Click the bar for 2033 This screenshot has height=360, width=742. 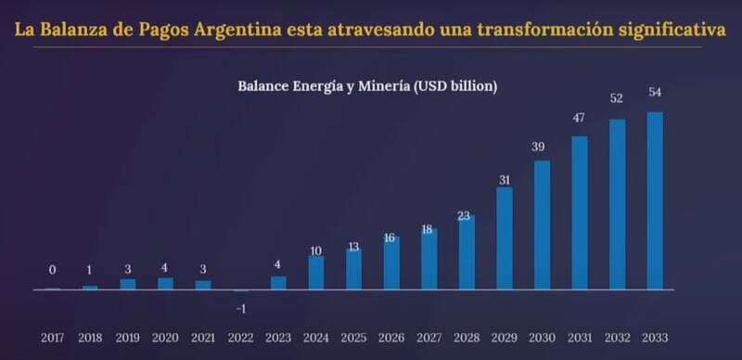click(x=655, y=200)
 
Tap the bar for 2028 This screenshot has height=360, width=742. click(x=467, y=252)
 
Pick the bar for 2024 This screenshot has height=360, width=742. click(x=316, y=273)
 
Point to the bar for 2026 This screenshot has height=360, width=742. click(x=391, y=263)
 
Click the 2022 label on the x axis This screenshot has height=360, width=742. click(x=240, y=338)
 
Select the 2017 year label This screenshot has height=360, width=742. click(x=52, y=338)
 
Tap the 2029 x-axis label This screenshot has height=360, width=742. click(x=504, y=338)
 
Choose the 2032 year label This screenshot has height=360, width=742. click(x=617, y=338)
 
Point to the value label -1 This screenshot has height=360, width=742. click(x=240, y=307)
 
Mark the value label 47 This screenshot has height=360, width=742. click(x=579, y=117)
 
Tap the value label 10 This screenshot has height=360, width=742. click(x=316, y=251)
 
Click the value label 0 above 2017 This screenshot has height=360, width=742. click(x=52, y=270)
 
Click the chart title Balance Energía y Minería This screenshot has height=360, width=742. click(x=368, y=86)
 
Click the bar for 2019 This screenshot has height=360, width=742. click(x=127, y=284)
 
